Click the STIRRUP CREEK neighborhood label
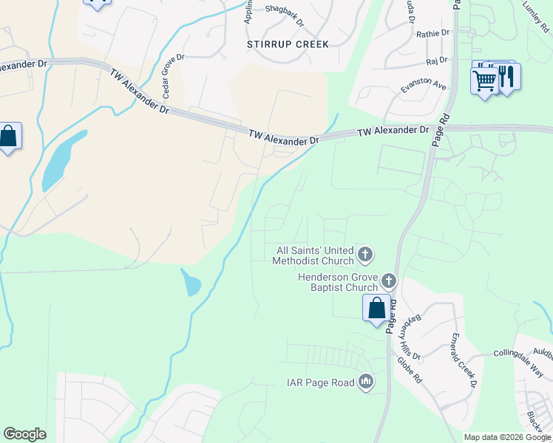click(288, 44)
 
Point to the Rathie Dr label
click(432, 33)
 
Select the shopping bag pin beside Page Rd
click(376, 308)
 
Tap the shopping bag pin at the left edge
click(8, 137)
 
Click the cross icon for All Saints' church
click(364, 255)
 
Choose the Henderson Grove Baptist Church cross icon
click(389, 281)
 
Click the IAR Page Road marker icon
click(365, 382)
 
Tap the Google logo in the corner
click(24, 434)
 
